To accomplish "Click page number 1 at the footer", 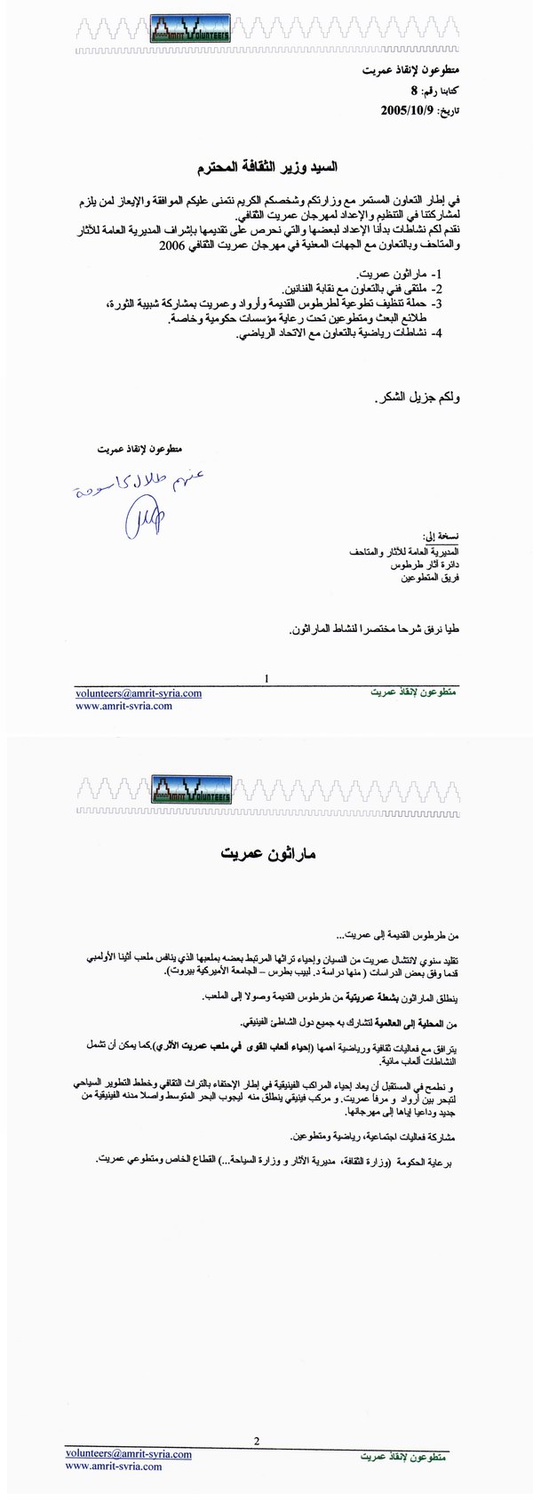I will (266, 678).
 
